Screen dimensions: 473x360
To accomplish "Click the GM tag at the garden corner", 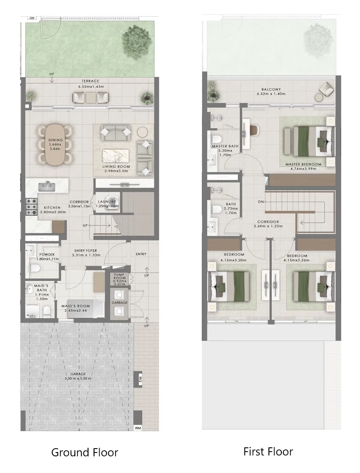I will coord(32,18).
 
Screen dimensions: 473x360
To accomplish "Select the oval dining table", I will coord(56,145).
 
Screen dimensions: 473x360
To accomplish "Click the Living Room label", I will coord(116,167).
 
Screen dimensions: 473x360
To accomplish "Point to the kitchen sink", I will coord(47,186).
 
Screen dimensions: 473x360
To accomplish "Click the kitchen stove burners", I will coord(31,207).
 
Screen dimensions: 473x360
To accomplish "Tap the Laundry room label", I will coord(107,202).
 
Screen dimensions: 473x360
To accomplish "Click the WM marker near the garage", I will coord(138,427).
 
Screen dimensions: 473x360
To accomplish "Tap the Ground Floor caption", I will coord(84,452).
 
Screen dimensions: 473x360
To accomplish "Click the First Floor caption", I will coord(268,451).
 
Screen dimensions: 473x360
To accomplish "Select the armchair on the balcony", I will coord(326,90).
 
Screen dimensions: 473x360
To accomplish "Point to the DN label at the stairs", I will coord(261,201).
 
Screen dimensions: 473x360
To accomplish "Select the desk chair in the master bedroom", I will coord(254,129).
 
